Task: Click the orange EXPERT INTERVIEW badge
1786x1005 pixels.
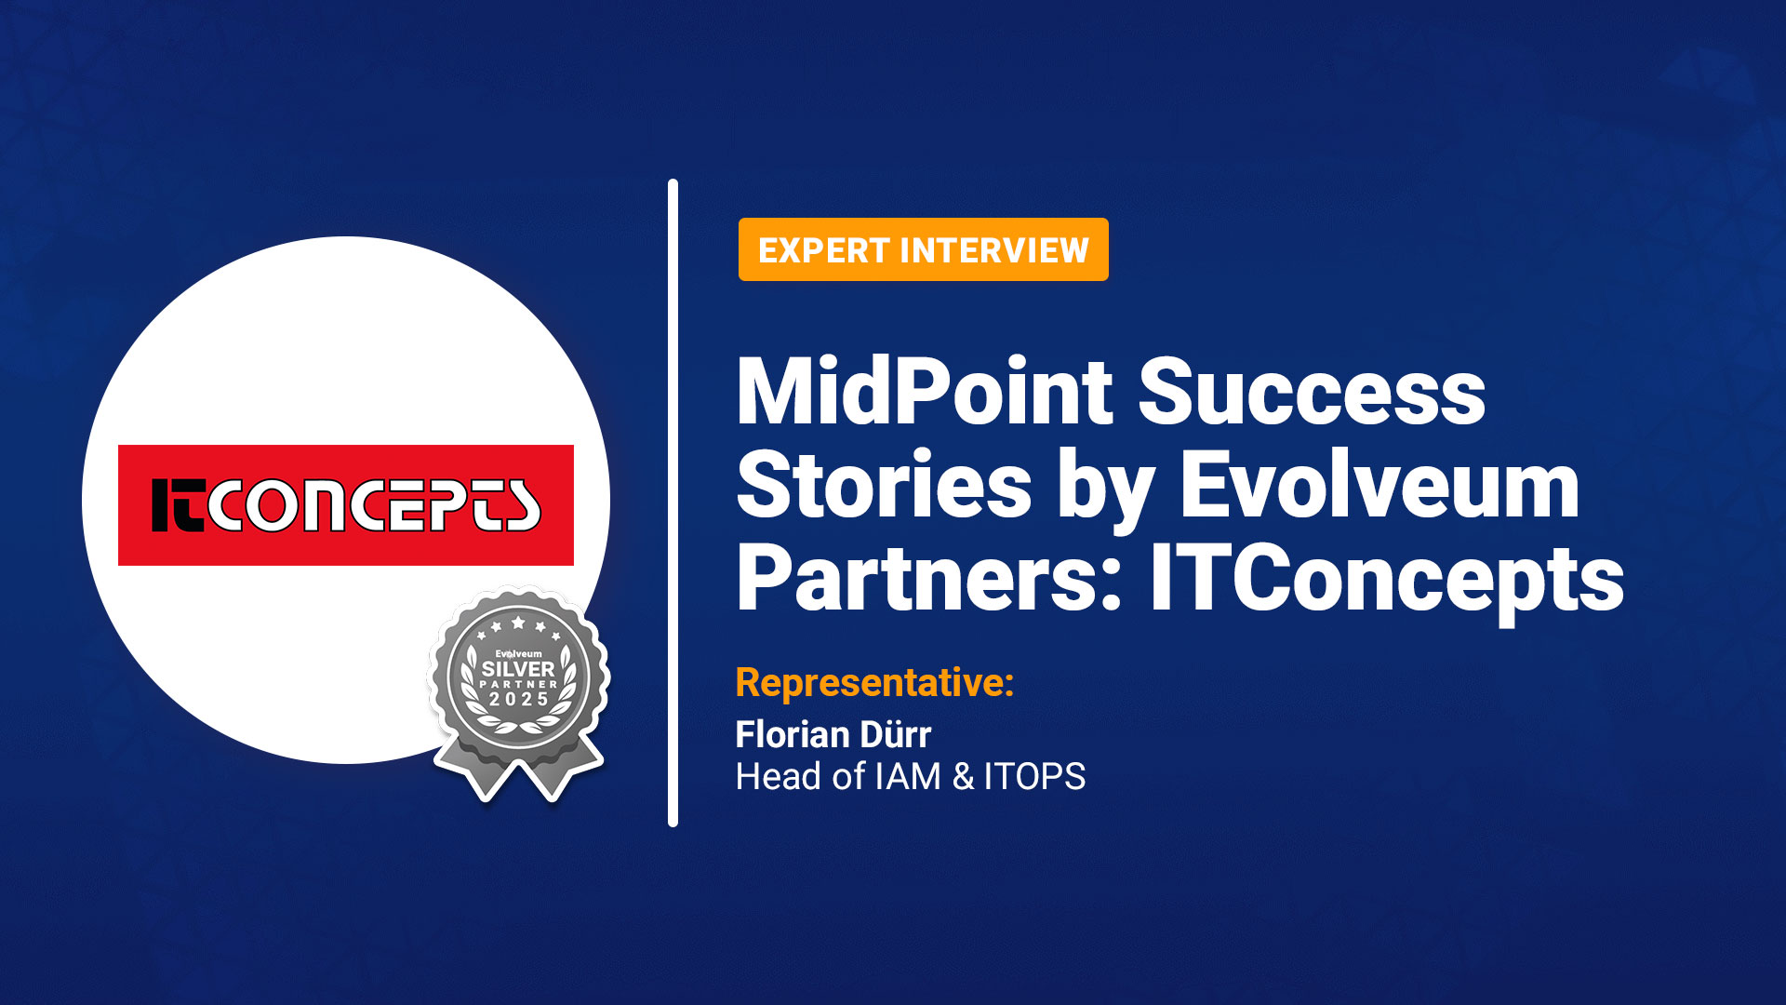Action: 923,249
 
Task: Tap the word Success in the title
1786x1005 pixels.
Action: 1312,393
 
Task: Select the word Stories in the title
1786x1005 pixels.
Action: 884,486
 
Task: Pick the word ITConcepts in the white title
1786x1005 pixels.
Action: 1386,579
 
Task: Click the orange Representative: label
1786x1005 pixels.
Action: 874,682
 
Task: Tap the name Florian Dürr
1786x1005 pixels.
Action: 833,734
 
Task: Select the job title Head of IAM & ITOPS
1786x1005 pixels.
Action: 910,776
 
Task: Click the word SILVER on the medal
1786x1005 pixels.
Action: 518,669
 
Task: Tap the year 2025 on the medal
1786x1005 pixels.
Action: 518,699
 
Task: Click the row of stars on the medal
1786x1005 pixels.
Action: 518,626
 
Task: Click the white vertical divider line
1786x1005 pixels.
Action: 673,502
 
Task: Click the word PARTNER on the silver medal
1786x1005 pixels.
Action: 518,684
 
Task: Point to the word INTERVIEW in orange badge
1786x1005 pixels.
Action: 993,249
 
